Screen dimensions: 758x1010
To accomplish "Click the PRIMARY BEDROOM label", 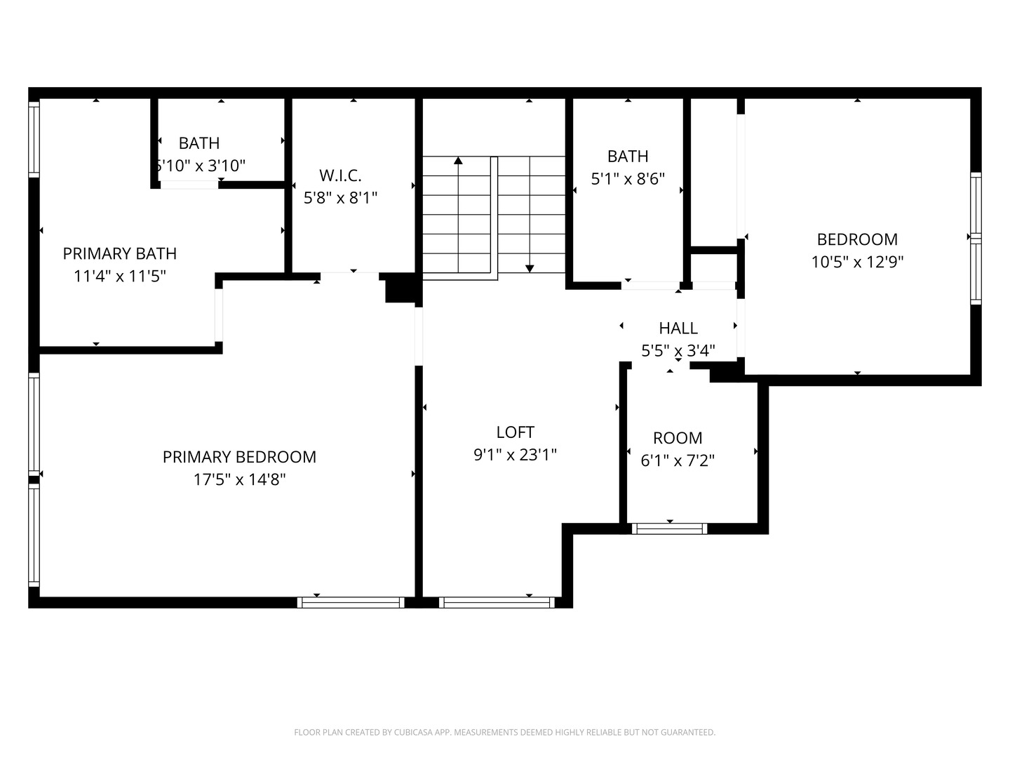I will (x=239, y=457).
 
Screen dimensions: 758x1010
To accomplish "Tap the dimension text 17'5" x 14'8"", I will (x=239, y=480).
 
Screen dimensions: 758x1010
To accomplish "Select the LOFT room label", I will (x=515, y=432).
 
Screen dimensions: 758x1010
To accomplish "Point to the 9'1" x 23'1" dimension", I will (x=515, y=455).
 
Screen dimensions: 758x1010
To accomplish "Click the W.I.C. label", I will (x=340, y=175).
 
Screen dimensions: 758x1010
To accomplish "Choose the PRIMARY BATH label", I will (x=120, y=253).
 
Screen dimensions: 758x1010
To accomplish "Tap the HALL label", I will (x=678, y=328).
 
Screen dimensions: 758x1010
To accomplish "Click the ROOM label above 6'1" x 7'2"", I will (x=678, y=438).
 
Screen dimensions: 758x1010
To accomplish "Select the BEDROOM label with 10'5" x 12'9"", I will (x=857, y=239).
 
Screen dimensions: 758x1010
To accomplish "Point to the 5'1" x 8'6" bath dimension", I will (x=628, y=179).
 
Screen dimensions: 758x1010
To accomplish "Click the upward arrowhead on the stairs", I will (x=458, y=161).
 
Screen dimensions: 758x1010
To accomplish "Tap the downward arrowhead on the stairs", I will (x=530, y=268).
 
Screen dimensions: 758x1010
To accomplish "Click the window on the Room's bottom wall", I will (x=669, y=528).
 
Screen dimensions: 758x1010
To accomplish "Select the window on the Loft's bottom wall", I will (x=497, y=602).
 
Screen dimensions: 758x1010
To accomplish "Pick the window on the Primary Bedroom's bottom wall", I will (x=351, y=602).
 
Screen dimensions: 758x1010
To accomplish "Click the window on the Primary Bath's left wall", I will (x=34, y=139).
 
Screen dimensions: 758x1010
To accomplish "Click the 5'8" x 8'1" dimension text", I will (x=340, y=199).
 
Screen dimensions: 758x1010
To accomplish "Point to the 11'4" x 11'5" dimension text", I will (x=120, y=277).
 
